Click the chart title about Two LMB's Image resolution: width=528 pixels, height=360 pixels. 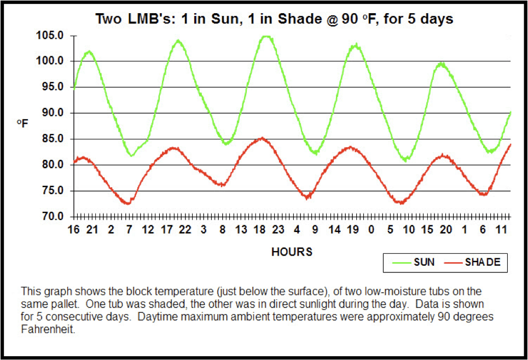click(x=274, y=18)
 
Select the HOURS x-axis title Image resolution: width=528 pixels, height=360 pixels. click(x=292, y=252)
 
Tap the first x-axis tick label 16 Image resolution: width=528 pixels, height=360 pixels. click(x=73, y=230)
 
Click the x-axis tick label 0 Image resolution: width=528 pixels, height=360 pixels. click(x=371, y=230)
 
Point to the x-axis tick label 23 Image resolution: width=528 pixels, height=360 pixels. click(x=278, y=230)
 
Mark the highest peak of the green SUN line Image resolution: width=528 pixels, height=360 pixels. click(x=265, y=36)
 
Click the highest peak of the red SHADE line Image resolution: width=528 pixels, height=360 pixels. click(x=263, y=138)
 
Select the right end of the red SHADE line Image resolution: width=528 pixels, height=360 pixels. click(x=510, y=144)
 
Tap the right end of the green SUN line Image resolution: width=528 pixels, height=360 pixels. click(x=510, y=112)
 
